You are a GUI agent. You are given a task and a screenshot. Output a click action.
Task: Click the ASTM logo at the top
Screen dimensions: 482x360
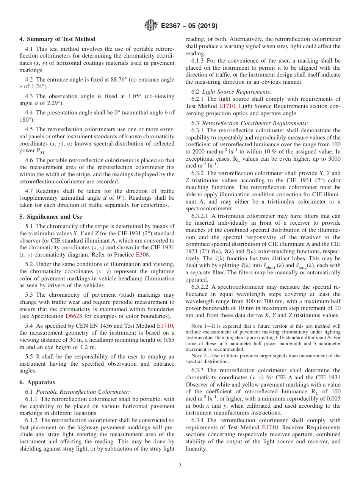point(151,26)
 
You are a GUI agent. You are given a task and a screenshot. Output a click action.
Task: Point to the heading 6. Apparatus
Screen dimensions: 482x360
point(37,382)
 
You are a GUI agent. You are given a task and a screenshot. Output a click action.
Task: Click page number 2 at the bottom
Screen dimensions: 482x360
point(180,466)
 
